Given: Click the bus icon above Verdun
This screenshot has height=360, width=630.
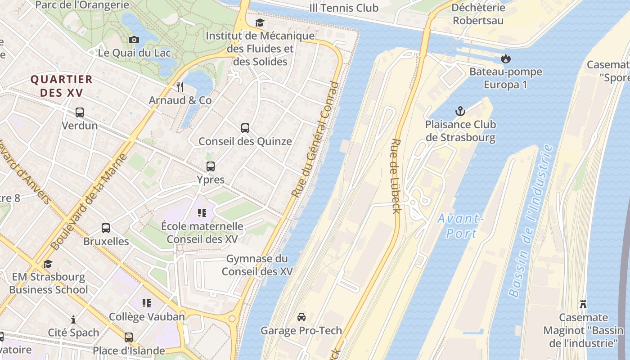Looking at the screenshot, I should click(x=80, y=112).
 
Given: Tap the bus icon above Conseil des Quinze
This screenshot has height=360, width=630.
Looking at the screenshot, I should click(x=245, y=128).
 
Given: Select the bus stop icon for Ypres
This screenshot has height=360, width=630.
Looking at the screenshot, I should click(x=211, y=166).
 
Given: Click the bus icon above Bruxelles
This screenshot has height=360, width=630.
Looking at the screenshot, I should click(x=106, y=228).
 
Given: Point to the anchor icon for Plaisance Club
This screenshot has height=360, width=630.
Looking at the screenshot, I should click(x=460, y=111).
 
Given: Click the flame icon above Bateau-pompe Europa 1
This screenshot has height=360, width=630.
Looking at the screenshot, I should click(x=506, y=58).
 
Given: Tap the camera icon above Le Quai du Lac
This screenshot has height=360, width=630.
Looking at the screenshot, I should click(x=134, y=40).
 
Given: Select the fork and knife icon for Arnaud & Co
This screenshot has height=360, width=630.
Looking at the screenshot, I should click(x=180, y=86).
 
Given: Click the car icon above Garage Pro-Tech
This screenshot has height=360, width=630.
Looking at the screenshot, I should click(x=301, y=317).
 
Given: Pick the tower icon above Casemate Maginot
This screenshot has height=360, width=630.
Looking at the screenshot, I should click(x=583, y=304).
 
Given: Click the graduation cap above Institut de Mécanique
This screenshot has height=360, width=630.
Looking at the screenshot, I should click(x=260, y=22).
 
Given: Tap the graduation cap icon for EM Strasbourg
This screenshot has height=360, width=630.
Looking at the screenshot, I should click(x=48, y=264).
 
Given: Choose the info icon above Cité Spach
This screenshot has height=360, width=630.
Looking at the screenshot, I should click(x=73, y=319).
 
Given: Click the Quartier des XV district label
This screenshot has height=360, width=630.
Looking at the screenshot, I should click(x=62, y=86).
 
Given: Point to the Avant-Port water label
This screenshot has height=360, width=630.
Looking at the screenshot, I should click(x=461, y=226).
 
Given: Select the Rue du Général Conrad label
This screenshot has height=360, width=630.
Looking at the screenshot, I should click(x=315, y=139).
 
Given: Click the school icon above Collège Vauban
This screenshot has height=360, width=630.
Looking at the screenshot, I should click(x=147, y=303).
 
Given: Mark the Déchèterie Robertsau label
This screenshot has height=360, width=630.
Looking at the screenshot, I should click(x=478, y=14).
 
